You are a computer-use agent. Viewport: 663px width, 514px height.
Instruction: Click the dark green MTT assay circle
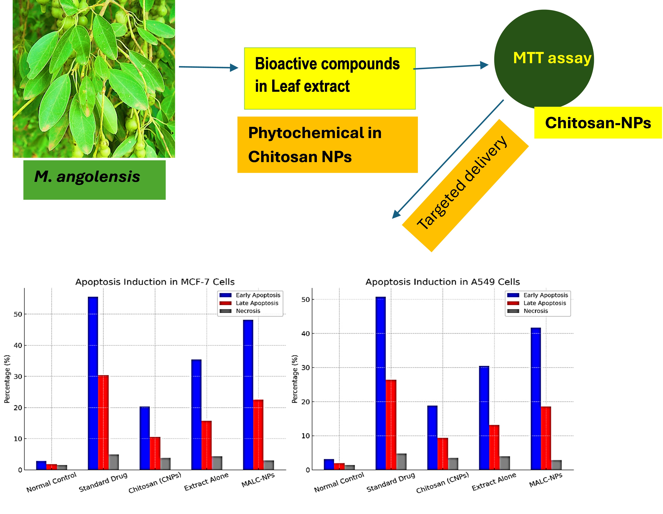click(543, 59)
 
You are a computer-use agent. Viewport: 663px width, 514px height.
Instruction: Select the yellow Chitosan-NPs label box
click(597, 123)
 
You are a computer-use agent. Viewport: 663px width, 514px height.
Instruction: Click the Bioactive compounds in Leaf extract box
click(330, 78)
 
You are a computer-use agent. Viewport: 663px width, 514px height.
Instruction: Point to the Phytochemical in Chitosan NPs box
click(327, 145)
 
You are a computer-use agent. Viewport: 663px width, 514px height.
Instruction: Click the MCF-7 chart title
click(155, 282)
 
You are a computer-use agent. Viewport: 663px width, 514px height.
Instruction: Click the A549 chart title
click(442, 282)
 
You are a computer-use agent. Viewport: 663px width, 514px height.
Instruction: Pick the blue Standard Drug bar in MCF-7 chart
click(93, 383)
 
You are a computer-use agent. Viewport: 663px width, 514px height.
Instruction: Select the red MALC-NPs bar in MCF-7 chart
click(258, 435)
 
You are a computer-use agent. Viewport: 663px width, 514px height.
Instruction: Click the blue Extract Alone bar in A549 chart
click(484, 418)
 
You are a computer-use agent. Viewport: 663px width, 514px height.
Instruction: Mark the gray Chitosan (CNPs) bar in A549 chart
click(453, 464)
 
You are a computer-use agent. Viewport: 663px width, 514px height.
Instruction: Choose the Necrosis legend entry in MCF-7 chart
click(248, 311)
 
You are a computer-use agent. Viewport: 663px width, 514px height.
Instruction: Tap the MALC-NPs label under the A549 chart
click(546, 480)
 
